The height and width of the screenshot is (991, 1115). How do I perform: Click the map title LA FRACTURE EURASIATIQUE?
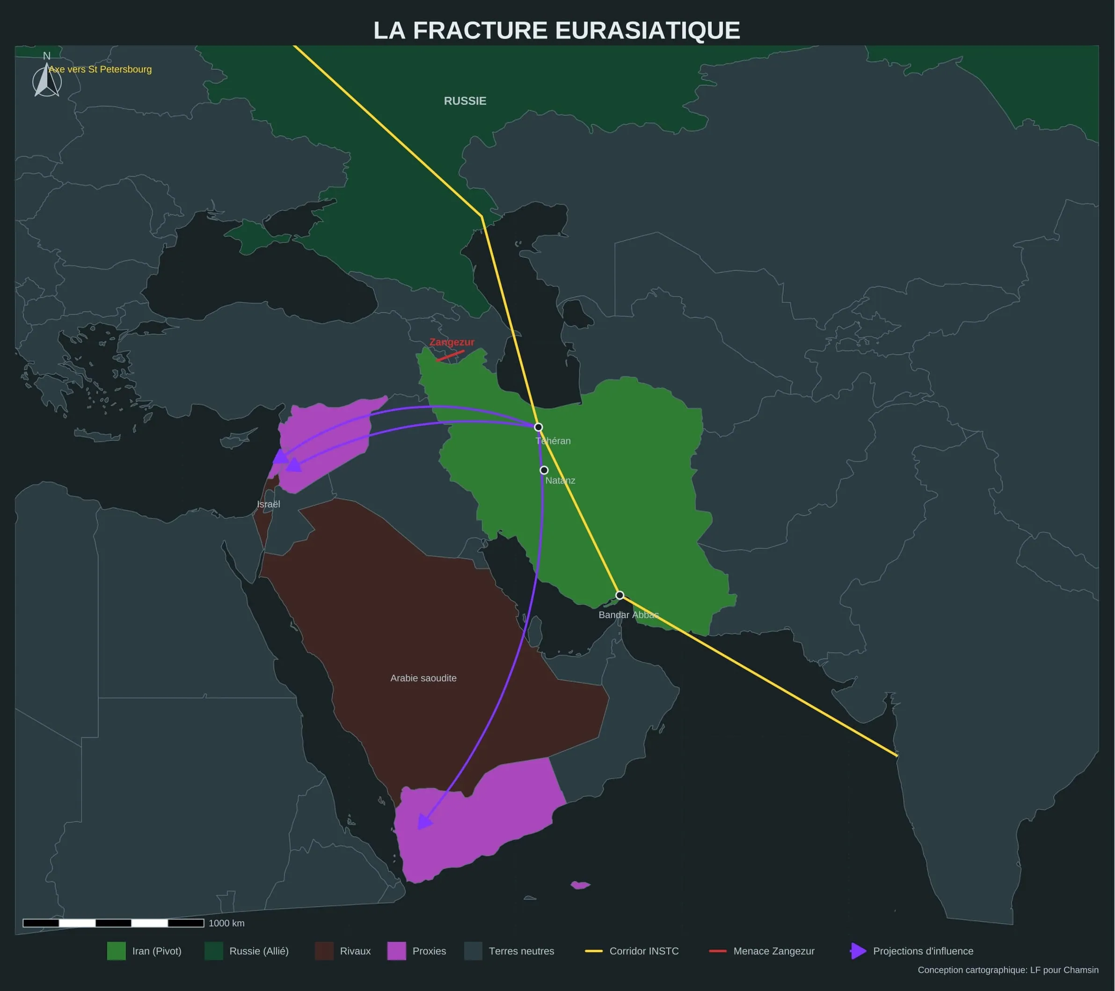point(556,30)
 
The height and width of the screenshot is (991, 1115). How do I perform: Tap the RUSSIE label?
point(465,101)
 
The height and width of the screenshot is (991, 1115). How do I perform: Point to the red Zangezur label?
point(452,342)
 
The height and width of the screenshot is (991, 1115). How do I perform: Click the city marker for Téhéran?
point(538,427)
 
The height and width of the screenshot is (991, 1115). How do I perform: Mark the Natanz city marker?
point(544,470)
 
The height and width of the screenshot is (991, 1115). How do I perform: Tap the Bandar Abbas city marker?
point(619,595)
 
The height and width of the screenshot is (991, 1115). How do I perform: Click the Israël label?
point(269,504)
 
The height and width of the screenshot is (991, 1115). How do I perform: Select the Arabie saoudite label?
point(423,678)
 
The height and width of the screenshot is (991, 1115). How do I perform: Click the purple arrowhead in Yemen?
point(423,821)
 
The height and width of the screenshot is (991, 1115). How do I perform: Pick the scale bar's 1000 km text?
point(226,923)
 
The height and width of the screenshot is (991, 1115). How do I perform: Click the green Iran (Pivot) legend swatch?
point(116,951)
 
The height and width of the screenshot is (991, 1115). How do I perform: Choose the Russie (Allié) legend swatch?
point(214,951)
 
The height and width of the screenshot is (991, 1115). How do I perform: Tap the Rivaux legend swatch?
point(324,951)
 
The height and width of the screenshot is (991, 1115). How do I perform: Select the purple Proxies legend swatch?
point(397,951)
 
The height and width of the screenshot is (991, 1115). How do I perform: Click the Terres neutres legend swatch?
point(473,951)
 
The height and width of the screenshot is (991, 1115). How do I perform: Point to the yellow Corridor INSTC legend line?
point(593,951)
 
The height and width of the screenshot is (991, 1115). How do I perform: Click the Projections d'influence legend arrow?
point(858,951)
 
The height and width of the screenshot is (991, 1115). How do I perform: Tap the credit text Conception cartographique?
point(1007,970)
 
